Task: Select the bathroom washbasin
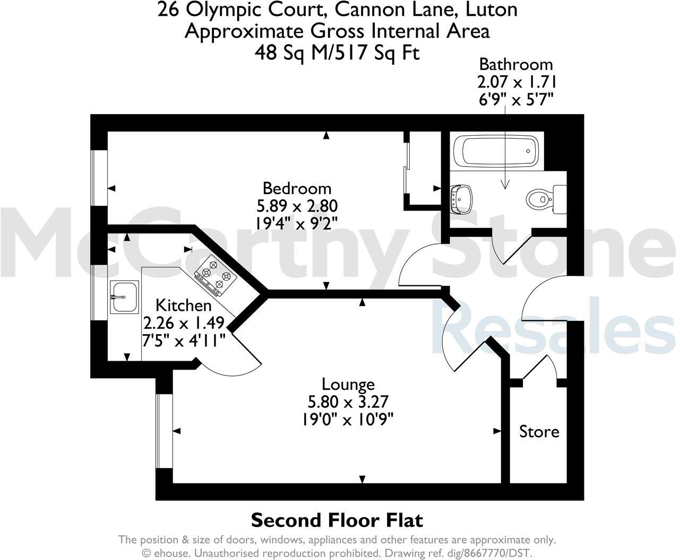(x=462, y=199)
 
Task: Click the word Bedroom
(x=297, y=188)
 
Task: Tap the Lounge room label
(x=348, y=384)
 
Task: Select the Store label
(x=539, y=431)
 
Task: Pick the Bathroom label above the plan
(x=516, y=65)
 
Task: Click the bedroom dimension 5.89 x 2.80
(x=297, y=205)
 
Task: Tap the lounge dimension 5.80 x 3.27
(x=348, y=401)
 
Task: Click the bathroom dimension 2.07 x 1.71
(x=516, y=82)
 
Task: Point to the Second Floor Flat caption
(x=337, y=520)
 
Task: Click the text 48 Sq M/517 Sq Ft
(x=337, y=52)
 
